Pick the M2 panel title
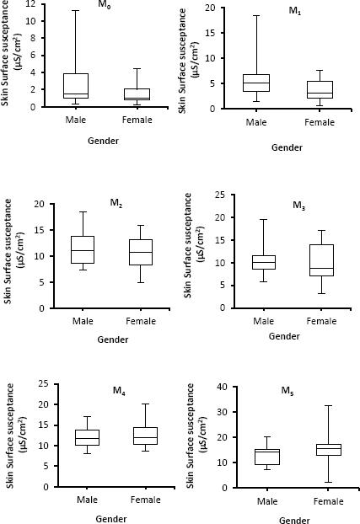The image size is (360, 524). point(116,203)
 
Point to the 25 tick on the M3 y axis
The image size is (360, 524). point(223,195)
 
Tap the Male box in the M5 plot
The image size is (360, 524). point(268,457)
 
